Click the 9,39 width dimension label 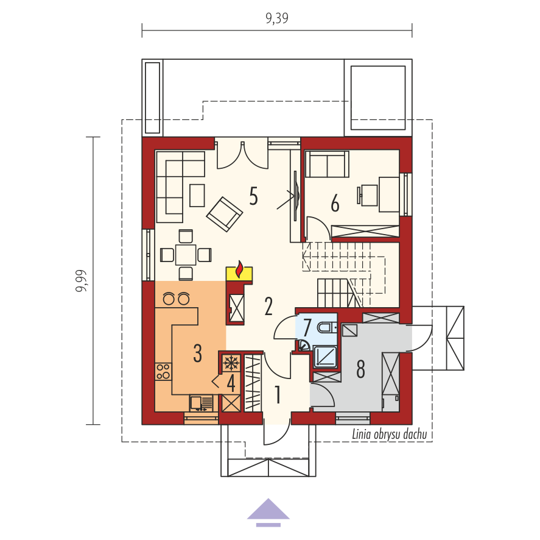(x=277, y=18)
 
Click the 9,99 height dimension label (x=82, y=281)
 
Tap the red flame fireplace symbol (x=239, y=269)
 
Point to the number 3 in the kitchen (x=197, y=353)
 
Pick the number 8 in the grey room (x=360, y=369)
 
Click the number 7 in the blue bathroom (x=307, y=327)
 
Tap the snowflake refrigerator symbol (x=231, y=363)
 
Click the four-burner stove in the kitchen (x=163, y=371)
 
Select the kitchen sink (x=202, y=403)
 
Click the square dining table (x=186, y=255)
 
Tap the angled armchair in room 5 (x=225, y=214)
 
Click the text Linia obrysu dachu (x=389, y=435)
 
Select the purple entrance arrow (x=268, y=512)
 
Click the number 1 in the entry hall (x=278, y=395)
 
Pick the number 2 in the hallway (x=268, y=306)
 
